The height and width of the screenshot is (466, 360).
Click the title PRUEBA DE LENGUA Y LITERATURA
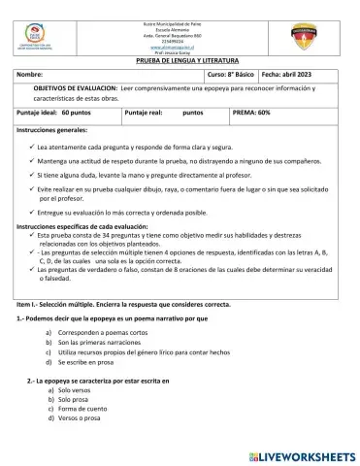(x=181, y=59)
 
